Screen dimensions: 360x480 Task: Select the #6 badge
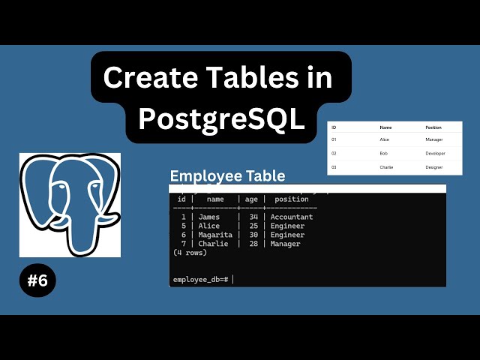[37, 281]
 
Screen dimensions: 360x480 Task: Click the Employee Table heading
[227, 175]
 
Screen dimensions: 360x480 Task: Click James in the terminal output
[209, 217]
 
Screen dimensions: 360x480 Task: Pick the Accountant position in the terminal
[292, 217]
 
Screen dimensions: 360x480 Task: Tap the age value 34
[253, 217]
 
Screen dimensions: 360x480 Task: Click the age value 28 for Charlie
[253, 244]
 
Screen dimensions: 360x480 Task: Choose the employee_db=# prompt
[201, 279]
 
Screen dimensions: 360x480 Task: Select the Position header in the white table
[434, 127]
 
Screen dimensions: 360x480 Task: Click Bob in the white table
[384, 153]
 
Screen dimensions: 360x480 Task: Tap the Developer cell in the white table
[435, 153]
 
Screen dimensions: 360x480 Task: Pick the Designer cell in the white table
[435, 167]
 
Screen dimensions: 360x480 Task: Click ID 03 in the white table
[334, 167]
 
